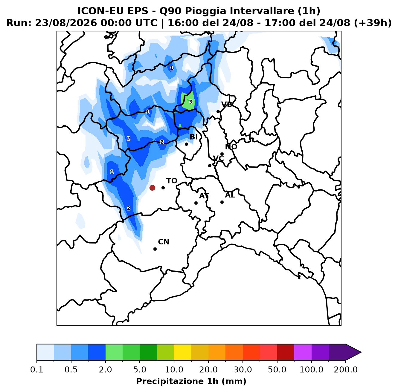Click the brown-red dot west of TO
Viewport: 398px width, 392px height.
(152, 188)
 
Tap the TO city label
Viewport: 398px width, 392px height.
(172, 181)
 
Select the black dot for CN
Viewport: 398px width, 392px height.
(155, 249)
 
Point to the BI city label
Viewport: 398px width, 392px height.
(193, 137)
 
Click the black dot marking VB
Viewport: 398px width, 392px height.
(218, 111)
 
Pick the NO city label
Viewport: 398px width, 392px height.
(231, 147)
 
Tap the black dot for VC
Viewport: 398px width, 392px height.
(210, 166)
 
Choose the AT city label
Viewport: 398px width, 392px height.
(204, 196)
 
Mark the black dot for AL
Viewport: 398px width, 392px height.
(222, 202)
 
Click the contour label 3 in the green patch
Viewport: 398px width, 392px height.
(190, 102)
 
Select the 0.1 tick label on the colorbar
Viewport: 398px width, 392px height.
(37, 370)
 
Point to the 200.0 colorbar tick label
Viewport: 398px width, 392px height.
(346, 370)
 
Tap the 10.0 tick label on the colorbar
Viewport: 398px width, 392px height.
(174, 370)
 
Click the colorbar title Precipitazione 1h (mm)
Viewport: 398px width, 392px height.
(191, 381)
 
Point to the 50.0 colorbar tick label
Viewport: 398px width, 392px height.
(277, 370)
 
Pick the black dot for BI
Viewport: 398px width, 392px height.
(186, 144)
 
